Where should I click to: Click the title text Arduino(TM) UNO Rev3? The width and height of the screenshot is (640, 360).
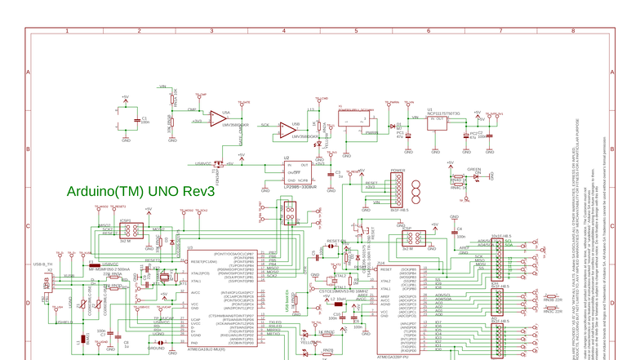pos(140,191)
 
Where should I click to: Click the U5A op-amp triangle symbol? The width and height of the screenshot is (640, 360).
pos(216,118)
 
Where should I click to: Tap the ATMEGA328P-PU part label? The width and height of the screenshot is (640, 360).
pos(395,357)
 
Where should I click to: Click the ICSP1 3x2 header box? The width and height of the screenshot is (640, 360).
pos(131,231)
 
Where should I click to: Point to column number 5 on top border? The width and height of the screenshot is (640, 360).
pos(355,31)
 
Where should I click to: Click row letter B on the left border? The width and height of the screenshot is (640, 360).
pos(28,149)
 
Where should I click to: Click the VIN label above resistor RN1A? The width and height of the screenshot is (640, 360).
pos(162,86)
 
